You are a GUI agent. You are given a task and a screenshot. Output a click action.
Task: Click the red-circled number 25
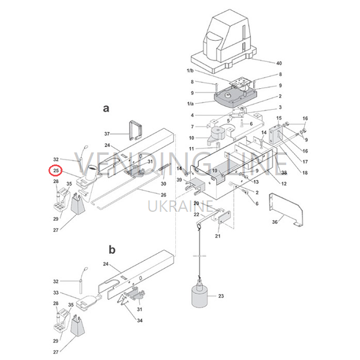56,170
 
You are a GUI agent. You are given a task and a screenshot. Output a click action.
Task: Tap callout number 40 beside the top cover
279,63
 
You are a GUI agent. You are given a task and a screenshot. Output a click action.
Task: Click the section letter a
106,108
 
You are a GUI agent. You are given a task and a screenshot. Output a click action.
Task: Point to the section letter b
112,250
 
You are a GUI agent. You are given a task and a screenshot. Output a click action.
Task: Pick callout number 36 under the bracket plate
275,222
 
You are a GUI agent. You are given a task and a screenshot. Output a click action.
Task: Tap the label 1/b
190,71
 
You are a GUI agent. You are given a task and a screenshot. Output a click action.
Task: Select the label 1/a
190,104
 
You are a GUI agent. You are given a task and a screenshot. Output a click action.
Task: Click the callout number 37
107,134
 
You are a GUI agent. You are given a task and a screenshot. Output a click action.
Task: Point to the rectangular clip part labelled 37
136,130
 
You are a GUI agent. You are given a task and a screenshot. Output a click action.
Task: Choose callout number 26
163,195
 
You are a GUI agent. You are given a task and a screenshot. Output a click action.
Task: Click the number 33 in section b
56,293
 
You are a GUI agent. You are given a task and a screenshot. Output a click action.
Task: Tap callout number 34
140,320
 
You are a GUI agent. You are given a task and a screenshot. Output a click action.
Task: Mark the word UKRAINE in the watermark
180,206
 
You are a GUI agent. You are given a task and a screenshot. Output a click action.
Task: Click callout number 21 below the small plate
218,236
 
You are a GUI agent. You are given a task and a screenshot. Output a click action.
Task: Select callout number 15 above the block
279,118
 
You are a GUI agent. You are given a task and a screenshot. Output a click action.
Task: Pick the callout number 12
284,184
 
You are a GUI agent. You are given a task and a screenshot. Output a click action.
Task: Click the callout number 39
179,179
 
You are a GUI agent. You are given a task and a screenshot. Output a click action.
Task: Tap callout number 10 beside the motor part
191,138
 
